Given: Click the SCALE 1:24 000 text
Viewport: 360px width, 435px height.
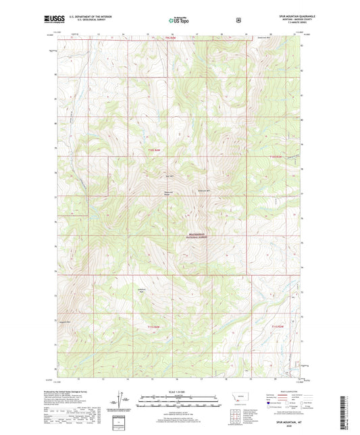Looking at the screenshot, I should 180,392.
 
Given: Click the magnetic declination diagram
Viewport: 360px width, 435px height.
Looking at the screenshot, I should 126,400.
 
